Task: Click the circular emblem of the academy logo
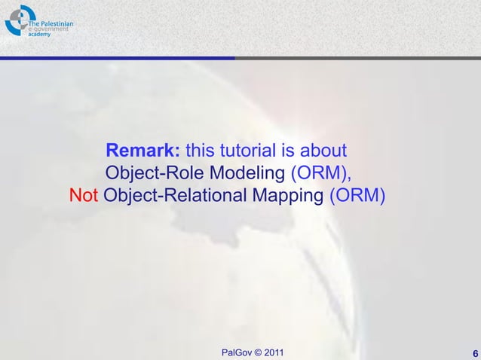17,20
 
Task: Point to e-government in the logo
48,30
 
